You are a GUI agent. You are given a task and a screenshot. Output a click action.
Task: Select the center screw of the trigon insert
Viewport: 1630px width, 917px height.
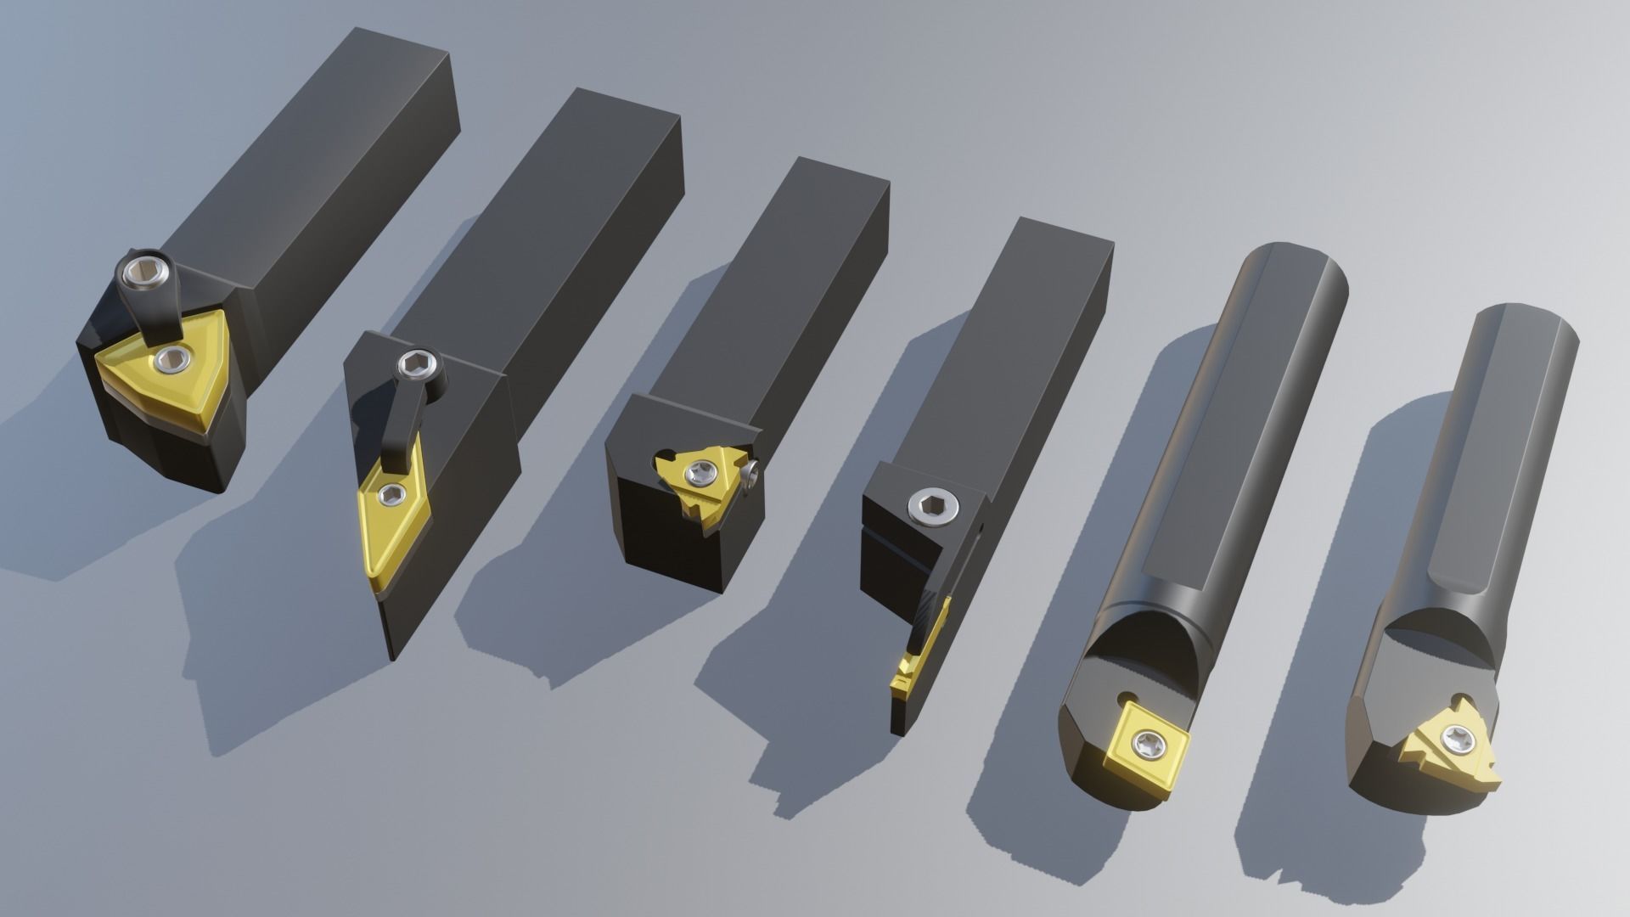[x=173, y=359]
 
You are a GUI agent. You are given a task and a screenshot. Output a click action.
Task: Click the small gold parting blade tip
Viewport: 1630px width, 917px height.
[x=902, y=679]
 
